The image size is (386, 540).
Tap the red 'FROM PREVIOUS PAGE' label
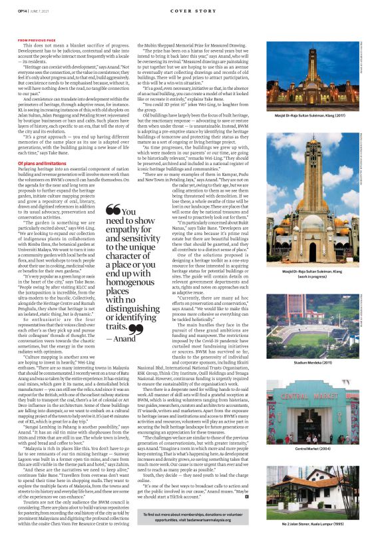37,39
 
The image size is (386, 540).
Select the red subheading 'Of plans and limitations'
41,162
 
